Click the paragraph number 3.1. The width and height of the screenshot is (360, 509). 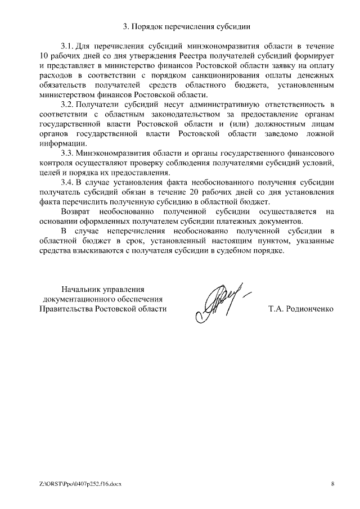(x=67, y=44)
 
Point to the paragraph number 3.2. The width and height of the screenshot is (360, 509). (x=67, y=105)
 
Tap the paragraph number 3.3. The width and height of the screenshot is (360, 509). (x=67, y=153)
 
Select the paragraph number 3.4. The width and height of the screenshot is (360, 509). (x=67, y=183)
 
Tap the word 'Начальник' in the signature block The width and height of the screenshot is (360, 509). (x=80, y=289)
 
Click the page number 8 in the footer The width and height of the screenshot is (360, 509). (x=332, y=484)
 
